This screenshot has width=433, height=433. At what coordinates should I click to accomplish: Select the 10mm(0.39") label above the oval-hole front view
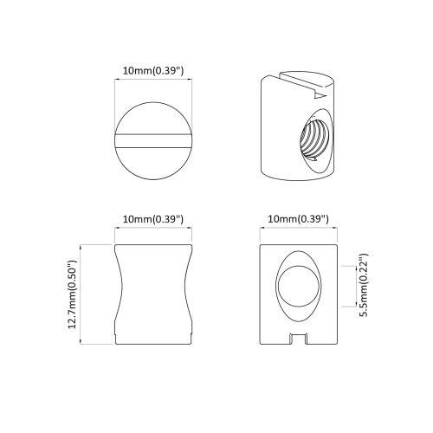[298, 220]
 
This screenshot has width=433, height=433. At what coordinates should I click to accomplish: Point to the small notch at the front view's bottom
[298, 339]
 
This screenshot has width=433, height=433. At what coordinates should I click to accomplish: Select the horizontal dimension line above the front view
[298, 231]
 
